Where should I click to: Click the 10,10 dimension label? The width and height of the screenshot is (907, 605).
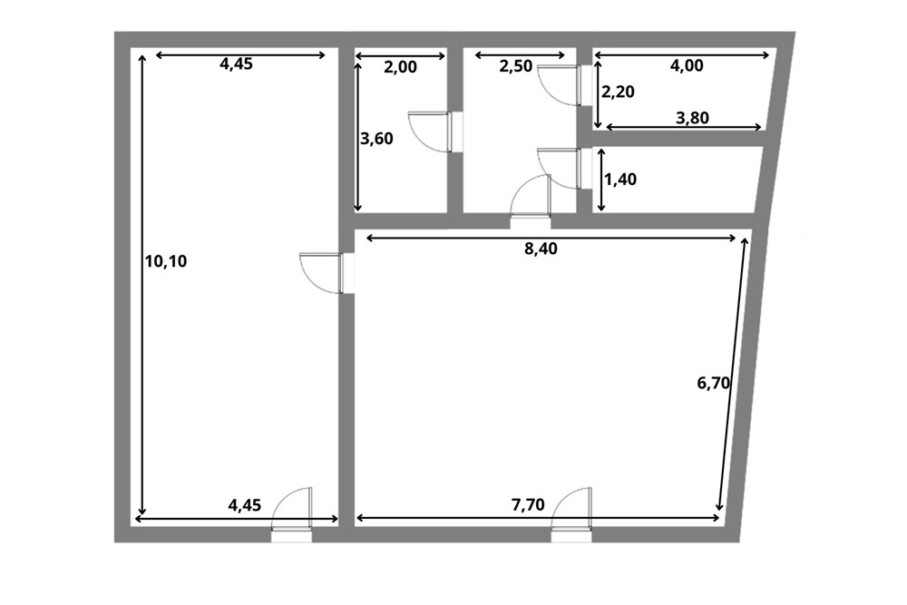[x=166, y=261]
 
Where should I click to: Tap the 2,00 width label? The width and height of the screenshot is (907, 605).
[x=400, y=67]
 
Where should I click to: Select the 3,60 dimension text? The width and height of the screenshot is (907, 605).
[x=376, y=139]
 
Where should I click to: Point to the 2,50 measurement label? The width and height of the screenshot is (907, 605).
[x=515, y=66]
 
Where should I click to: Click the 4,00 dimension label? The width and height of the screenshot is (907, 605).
[x=687, y=66]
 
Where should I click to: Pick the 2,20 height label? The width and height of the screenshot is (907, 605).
[x=619, y=92]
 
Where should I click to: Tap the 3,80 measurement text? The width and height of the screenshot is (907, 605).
[x=692, y=118]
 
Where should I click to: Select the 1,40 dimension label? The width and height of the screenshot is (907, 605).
[x=620, y=180]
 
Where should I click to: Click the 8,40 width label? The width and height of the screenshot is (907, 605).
[x=541, y=249]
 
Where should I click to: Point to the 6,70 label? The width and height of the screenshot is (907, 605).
[x=714, y=383]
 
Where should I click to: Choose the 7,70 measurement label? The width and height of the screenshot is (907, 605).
[x=528, y=505]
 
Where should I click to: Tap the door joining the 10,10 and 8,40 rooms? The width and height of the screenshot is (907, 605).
[x=321, y=273]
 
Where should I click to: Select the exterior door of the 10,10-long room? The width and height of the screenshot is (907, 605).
[x=292, y=509]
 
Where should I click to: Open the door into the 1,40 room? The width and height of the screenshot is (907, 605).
[x=560, y=169]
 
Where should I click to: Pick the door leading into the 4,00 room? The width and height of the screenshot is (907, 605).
[x=560, y=85]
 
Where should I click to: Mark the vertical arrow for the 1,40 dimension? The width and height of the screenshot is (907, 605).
[x=601, y=180]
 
